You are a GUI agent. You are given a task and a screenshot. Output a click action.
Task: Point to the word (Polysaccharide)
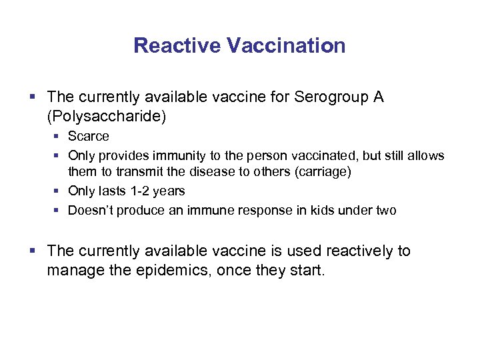click(107, 117)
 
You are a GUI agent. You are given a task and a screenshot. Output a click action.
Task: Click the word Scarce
click(88, 137)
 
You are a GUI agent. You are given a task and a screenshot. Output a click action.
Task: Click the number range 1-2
click(143, 191)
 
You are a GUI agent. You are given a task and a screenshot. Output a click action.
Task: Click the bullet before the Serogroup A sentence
click(37, 98)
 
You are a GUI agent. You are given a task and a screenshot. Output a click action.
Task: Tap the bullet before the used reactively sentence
click(37, 251)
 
